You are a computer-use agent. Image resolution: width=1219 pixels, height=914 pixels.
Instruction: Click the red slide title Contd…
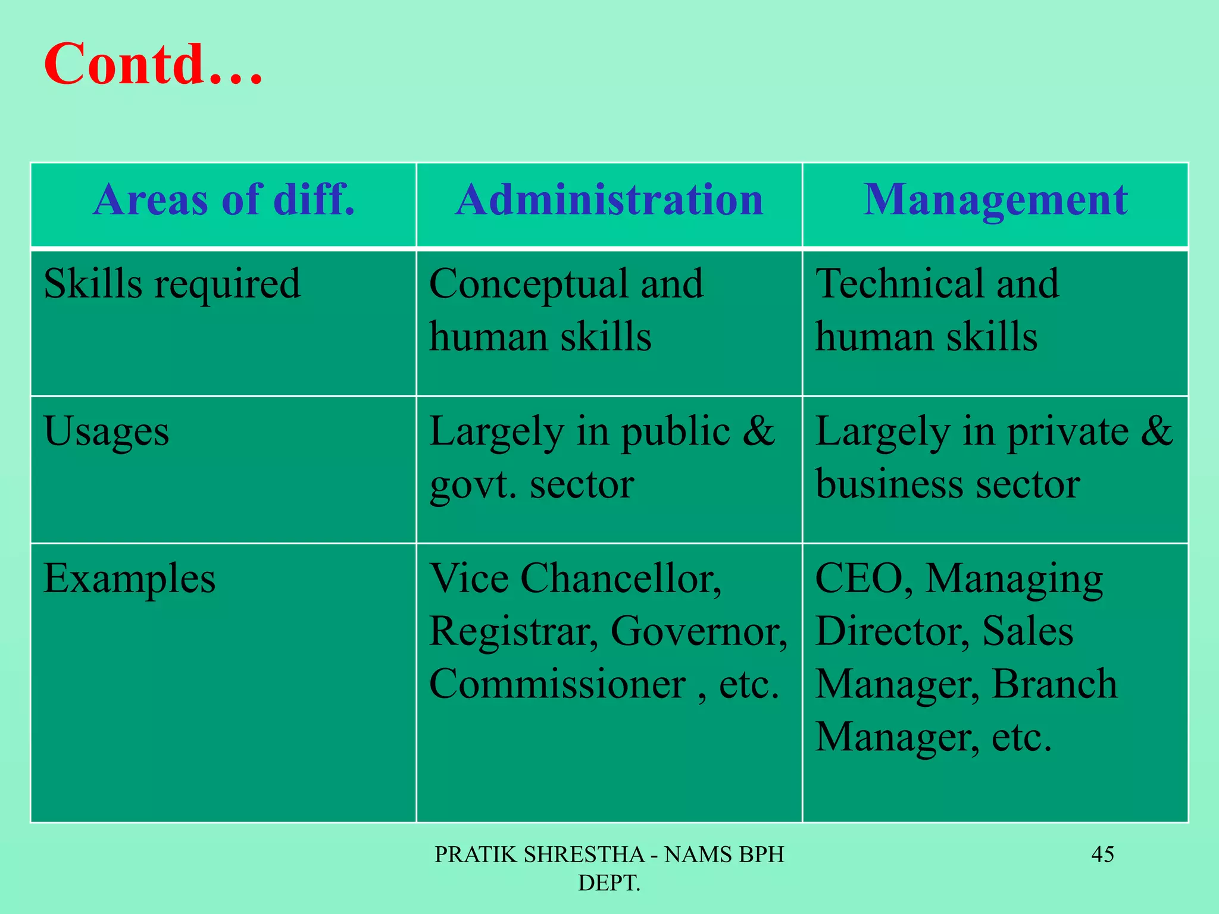click(x=153, y=64)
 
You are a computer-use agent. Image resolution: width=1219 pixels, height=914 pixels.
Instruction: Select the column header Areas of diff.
click(x=224, y=199)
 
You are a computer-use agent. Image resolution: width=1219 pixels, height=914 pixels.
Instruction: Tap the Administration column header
click(x=609, y=199)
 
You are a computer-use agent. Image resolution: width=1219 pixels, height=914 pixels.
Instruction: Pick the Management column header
click(x=995, y=199)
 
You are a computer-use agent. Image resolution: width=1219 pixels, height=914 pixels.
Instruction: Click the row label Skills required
click(x=172, y=284)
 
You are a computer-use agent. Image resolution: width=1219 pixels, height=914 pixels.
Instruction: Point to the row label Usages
click(x=106, y=431)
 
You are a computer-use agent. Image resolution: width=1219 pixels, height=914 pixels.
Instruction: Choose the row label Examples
click(x=129, y=578)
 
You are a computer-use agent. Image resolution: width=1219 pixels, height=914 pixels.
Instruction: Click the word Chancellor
click(x=621, y=578)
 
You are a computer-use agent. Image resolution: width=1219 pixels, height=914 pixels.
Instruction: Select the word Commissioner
click(x=557, y=684)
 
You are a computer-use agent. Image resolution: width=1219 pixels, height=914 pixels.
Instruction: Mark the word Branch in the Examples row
click(x=1054, y=684)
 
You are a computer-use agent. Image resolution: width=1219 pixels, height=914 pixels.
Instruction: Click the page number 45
click(x=1102, y=854)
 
